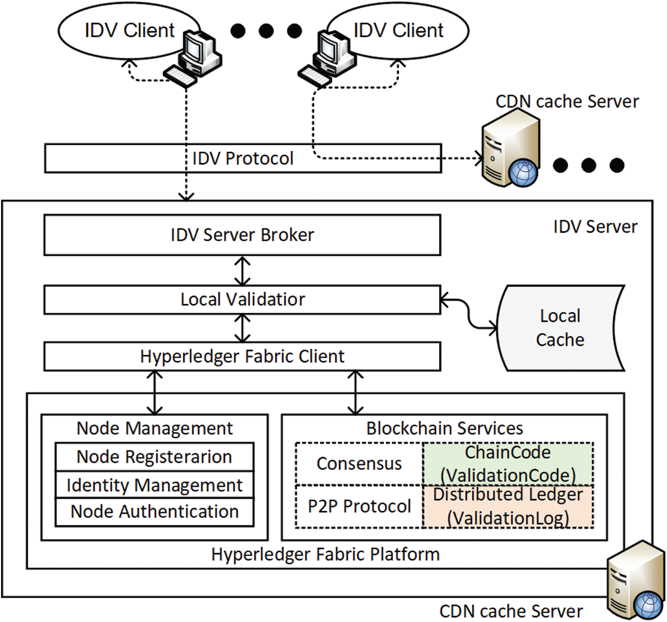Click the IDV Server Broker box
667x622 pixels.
point(242,235)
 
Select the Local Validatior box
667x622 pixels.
point(242,299)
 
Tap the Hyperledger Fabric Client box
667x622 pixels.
point(242,356)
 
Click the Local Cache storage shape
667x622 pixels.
point(560,328)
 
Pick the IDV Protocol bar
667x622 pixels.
point(243,158)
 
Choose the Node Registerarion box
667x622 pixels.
point(154,457)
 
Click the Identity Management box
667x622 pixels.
point(154,485)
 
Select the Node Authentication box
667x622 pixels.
point(154,512)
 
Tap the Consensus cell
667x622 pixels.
point(359,463)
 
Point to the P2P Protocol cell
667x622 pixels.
point(359,506)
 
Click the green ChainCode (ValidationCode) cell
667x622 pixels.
point(508,463)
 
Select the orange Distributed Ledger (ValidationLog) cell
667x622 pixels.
point(508,506)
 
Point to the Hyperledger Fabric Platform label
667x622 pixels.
point(325,554)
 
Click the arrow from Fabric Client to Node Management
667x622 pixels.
point(155,393)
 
